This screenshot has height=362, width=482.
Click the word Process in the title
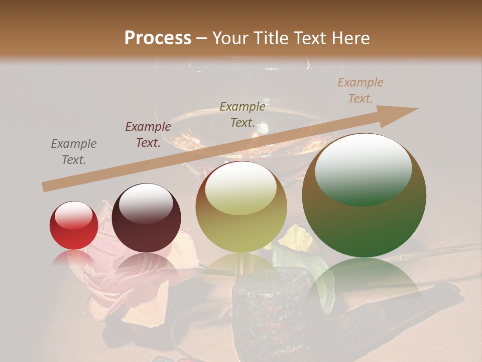coord(158,38)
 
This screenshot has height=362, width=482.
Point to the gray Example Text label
coord(74,152)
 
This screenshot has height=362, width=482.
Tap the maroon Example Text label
coord(148,135)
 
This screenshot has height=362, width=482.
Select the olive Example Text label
coord(243,115)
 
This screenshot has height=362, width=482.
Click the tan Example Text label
coord(360,90)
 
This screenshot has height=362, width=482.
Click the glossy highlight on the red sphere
coord(74,215)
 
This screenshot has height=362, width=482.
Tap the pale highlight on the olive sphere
coord(240,187)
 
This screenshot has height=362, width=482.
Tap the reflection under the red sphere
coord(74,259)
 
